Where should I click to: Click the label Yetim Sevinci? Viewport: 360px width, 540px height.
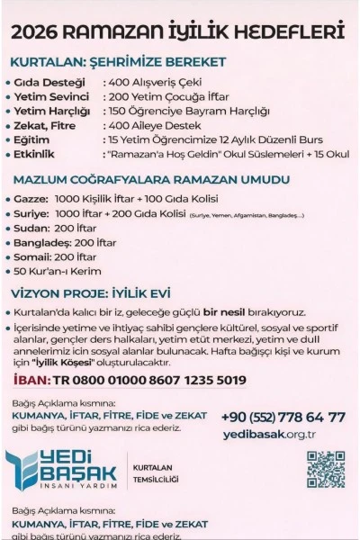coord(51,96)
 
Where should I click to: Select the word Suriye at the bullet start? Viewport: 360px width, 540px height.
coord(32,214)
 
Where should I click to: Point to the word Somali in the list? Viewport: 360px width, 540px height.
coord(33,256)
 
